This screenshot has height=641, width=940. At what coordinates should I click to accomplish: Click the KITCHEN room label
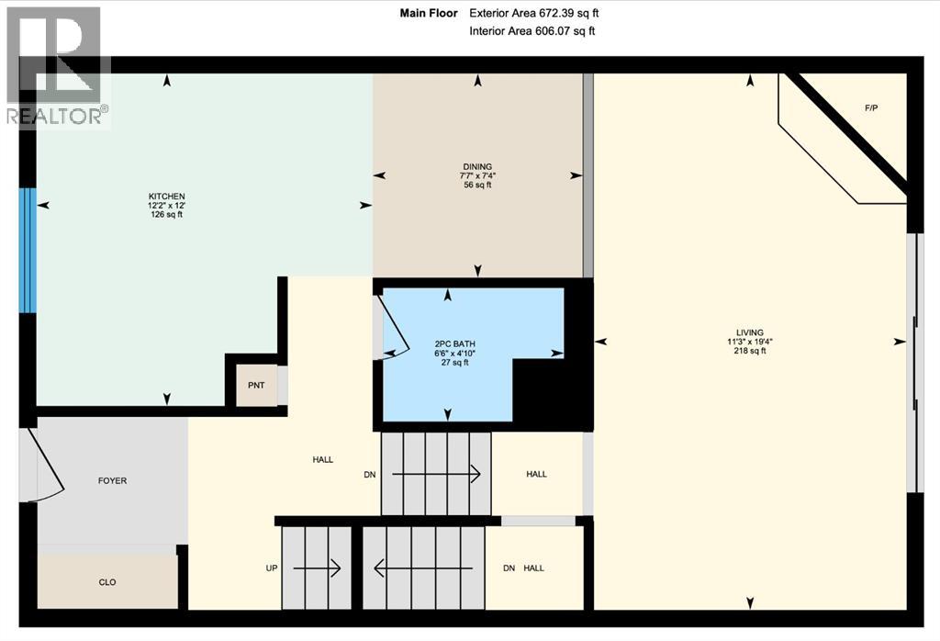pyautogui.click(x=167, y=197)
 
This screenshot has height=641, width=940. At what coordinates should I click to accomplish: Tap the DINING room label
pyautogui.click(x=477, y=167)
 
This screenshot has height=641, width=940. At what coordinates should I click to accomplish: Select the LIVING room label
pyautogui.click(x=750, y=332)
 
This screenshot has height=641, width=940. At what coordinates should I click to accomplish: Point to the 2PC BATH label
pyautogui.click(x=455, y=344)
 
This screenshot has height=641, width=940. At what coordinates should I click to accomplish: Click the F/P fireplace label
pyautogui.click(x=871, y=108)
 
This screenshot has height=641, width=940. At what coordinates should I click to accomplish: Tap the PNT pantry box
pyautogui.click(x=257, y=385)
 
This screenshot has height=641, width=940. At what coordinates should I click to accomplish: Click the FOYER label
pyautogui.click(x=113, y=481)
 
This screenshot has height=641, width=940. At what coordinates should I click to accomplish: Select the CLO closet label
pyautogui.click(x=107, y=582)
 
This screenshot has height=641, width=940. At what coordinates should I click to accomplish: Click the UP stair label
pyautogui.click(x=272, y=568)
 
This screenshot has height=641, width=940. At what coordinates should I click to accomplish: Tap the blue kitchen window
pyautogui.click(x=28, y=251)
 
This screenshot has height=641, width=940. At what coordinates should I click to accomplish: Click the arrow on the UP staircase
pyautogui.click(x=317, y=568)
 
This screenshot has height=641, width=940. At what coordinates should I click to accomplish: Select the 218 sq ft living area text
pyautogui.click(x=750, y=351)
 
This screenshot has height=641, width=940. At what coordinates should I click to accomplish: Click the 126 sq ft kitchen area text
pyautogui.click(x=167, y=215)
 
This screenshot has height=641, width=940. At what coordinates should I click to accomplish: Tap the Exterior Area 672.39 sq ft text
pyautogui.click(x=534, y=13)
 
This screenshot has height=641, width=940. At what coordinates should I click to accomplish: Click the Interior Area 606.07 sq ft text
pyautogui.click(x=532, y=31)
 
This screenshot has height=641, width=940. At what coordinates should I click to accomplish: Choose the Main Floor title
pyautogui.click(x=429, y=13)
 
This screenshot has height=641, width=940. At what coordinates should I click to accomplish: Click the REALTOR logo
pyautogui.click(x=58, y=66)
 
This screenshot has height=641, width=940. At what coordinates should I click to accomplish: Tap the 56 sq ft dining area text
pyautogui.click(x=477, y=186)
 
